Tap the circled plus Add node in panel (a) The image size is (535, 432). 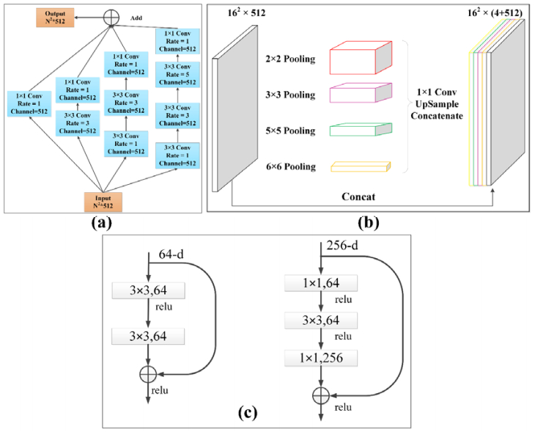111,16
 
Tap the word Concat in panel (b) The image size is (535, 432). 364,197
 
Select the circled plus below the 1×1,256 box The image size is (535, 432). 320,395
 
